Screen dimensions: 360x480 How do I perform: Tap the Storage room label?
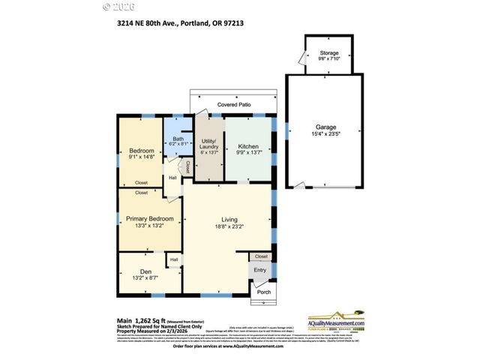[329, 53]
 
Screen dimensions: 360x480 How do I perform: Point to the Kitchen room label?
[248, 145]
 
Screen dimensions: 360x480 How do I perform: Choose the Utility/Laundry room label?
[208, 145]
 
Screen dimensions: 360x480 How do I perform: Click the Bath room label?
[178, 139]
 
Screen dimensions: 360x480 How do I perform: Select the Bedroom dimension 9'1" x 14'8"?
[141, 157]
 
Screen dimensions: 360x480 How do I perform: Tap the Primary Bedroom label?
[149, 218]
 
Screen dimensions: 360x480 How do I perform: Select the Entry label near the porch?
[260, 270]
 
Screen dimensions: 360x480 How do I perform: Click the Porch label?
[264, 292]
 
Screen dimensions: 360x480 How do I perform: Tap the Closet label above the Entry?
[261, 256]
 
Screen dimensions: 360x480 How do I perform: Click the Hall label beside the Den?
[174, 259]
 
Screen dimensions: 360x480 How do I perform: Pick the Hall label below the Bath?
[172, 178]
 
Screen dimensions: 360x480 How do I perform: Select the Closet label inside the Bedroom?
[141, 182]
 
